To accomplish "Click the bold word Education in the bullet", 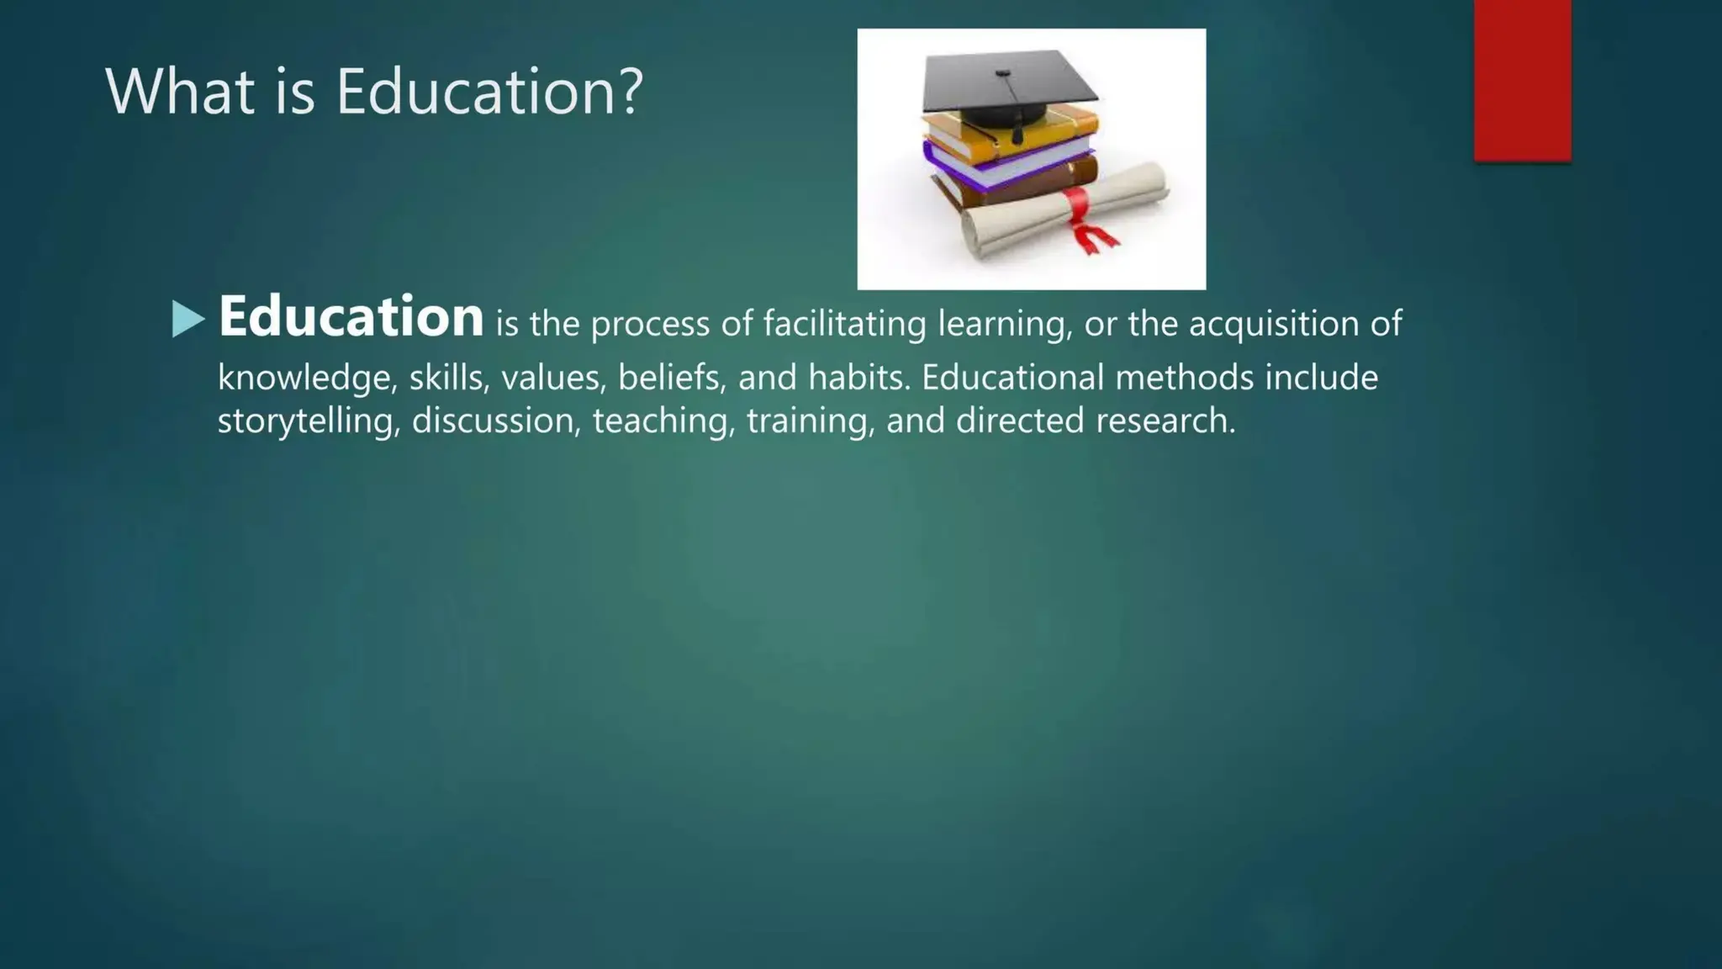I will [x=351, y=317].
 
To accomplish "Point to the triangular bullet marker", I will [x=188, y=319].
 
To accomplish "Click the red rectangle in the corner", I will [x=1522, y=80].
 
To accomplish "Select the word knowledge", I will [x=306, y=379].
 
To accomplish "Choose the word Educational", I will [x=1012, y=378].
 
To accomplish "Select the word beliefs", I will [x=672, y=378].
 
